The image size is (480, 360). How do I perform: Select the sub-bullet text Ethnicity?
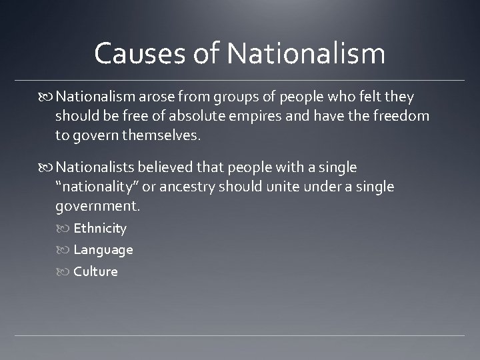tap(100, 229)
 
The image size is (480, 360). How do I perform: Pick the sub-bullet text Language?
tap(103, 251)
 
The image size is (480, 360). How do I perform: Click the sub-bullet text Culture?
tap(95, 272)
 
